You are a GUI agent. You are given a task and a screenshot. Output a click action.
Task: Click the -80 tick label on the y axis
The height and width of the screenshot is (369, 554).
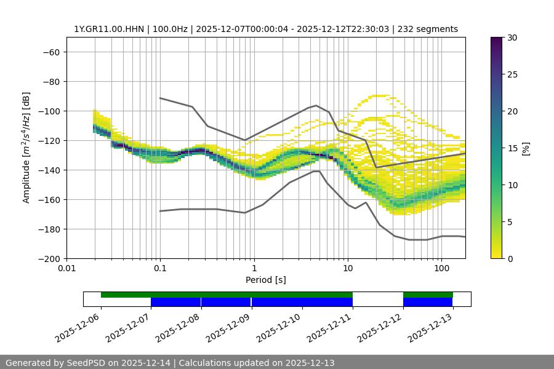tap(50, 81)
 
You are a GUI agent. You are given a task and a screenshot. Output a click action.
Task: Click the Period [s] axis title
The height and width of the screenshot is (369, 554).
tap(266, 280)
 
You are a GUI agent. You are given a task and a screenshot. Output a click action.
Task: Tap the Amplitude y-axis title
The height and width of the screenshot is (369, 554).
tap(26, 148)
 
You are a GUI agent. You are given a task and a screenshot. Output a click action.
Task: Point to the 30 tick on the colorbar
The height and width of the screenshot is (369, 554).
tap(512, 38)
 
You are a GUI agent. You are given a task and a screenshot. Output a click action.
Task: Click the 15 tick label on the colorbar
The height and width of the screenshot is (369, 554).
tap(512, 148)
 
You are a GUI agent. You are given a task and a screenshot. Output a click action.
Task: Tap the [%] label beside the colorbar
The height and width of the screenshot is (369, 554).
tap(526, 148)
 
